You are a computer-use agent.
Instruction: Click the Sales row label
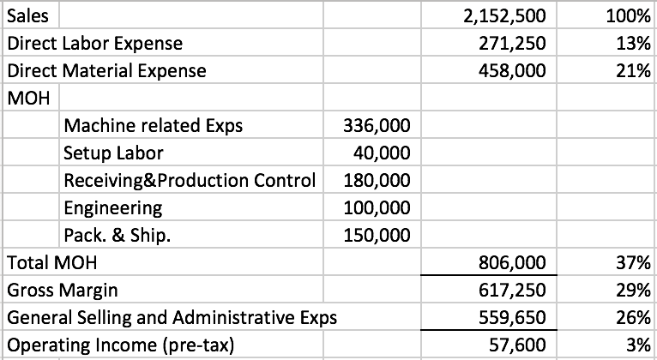(x=27, y=15)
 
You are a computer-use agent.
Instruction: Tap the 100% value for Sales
(x=630, y=15)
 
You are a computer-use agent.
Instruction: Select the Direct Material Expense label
(x=106, y=70)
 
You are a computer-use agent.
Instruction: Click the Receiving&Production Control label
(x=190, y=181)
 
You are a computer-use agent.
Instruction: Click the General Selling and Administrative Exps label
(x=172, y=318)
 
